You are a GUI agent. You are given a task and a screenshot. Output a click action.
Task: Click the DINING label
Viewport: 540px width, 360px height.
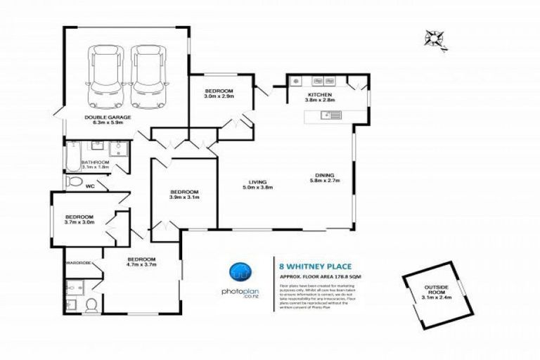324,179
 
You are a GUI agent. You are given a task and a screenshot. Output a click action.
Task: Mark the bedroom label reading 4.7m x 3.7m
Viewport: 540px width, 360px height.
141,264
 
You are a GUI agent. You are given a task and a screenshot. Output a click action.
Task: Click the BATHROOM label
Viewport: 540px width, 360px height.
96,165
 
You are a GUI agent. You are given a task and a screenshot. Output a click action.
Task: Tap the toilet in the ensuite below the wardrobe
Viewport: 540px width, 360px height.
90,304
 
